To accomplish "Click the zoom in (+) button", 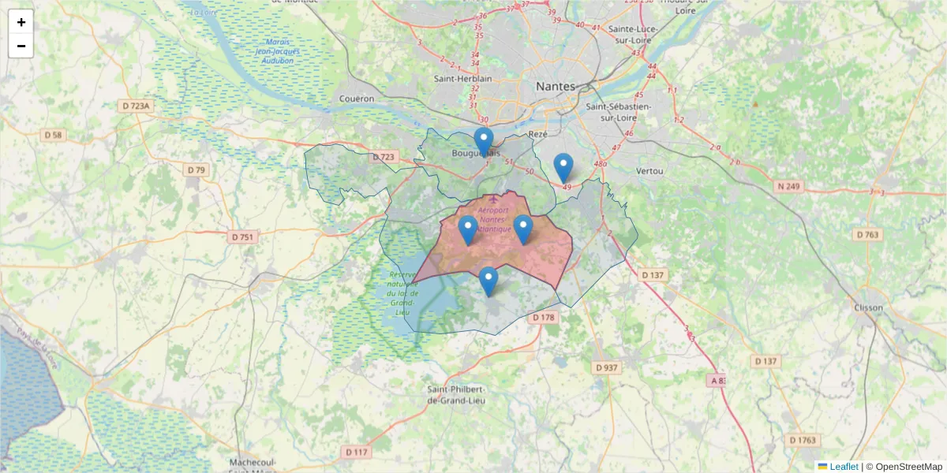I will (x=21, y=22).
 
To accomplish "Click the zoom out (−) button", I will (x=21, y=46).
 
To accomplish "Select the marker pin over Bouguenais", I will (x=484, y=142).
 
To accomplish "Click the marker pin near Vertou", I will (x=563, y=167).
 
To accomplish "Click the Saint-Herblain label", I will (x=463, y=79).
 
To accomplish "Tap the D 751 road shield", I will (x=243, y=236).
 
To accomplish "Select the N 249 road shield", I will (x=788, y=186).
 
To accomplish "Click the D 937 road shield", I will (x=606, y=367).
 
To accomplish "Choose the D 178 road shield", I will (x=544, y=317).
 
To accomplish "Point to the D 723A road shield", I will (x=136, y=105).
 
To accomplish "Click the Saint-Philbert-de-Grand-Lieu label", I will (x=456, y=395).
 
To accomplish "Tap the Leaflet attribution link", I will (x=843, y=467).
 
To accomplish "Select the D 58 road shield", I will (x=53, y=135).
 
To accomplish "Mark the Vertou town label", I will (x=649, y=170).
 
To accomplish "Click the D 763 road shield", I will (x=867, y=234).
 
